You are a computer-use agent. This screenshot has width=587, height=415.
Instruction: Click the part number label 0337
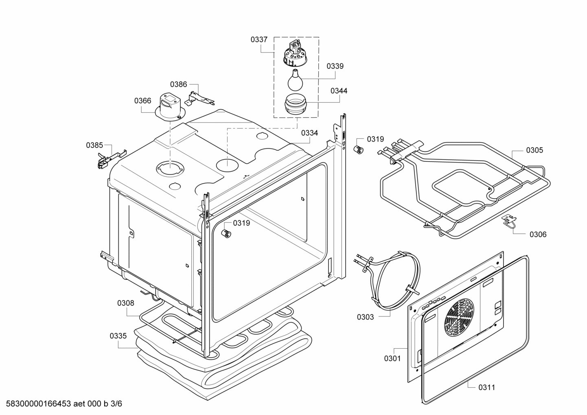coord(259,40)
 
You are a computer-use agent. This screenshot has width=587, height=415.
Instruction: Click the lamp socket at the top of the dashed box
coord(296,53)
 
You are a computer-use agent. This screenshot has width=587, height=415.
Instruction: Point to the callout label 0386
coord(178,84)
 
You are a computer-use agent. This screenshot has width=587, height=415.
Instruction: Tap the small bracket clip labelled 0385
coord(106,158)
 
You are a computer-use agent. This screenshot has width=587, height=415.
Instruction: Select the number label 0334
coord(309,133)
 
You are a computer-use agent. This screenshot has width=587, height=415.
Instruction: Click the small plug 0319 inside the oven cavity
coord(225,233)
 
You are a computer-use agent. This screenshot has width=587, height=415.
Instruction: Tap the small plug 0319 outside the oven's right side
coord(358,149)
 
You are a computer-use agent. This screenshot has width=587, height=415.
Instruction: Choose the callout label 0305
coord(534,150)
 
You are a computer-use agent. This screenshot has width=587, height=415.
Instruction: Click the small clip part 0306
coord(508,221)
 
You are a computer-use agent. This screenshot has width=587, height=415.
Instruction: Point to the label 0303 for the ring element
coord(365,317)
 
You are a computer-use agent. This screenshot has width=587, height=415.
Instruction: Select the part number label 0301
coord(392,358)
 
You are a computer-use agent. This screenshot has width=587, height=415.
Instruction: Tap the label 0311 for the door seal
coord(486,387)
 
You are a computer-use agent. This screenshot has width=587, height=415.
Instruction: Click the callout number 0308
coord(125,303)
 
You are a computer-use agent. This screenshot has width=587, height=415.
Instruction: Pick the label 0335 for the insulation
coord(118,336)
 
